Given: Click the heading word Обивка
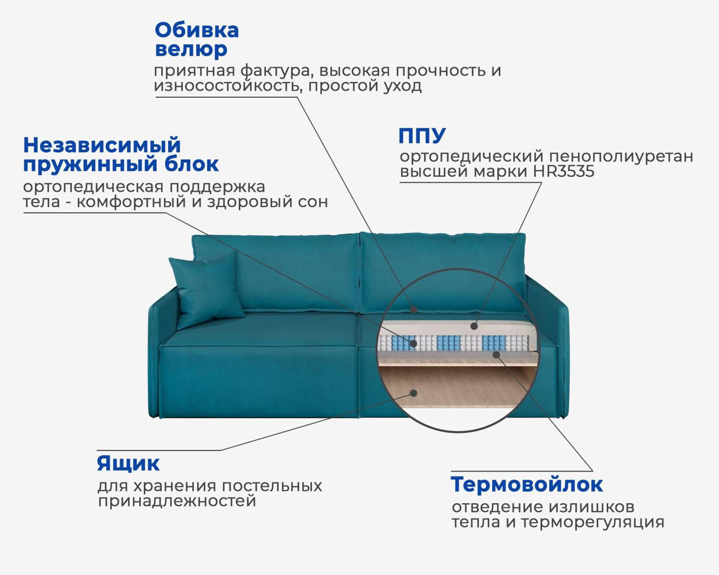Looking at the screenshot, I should [197, 31].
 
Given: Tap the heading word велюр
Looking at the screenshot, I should [191, 49].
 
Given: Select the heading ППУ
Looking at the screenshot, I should [422, 136].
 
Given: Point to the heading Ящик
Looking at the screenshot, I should [128, 463].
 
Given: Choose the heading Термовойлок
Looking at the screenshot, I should [526, 484].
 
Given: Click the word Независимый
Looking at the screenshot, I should [102, 145].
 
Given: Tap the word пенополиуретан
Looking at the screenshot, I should [621, 156].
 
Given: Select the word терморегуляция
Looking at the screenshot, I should [592, 522].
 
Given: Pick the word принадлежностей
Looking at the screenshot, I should [177, 501].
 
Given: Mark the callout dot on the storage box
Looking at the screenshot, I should [414, 393].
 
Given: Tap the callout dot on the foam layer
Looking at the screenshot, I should [474, 326].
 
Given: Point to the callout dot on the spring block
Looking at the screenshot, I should [413, 343].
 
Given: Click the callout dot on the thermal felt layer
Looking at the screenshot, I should [497, 355].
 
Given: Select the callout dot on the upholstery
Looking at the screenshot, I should [413, 310].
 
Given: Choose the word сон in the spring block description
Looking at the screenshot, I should [313, 202].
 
